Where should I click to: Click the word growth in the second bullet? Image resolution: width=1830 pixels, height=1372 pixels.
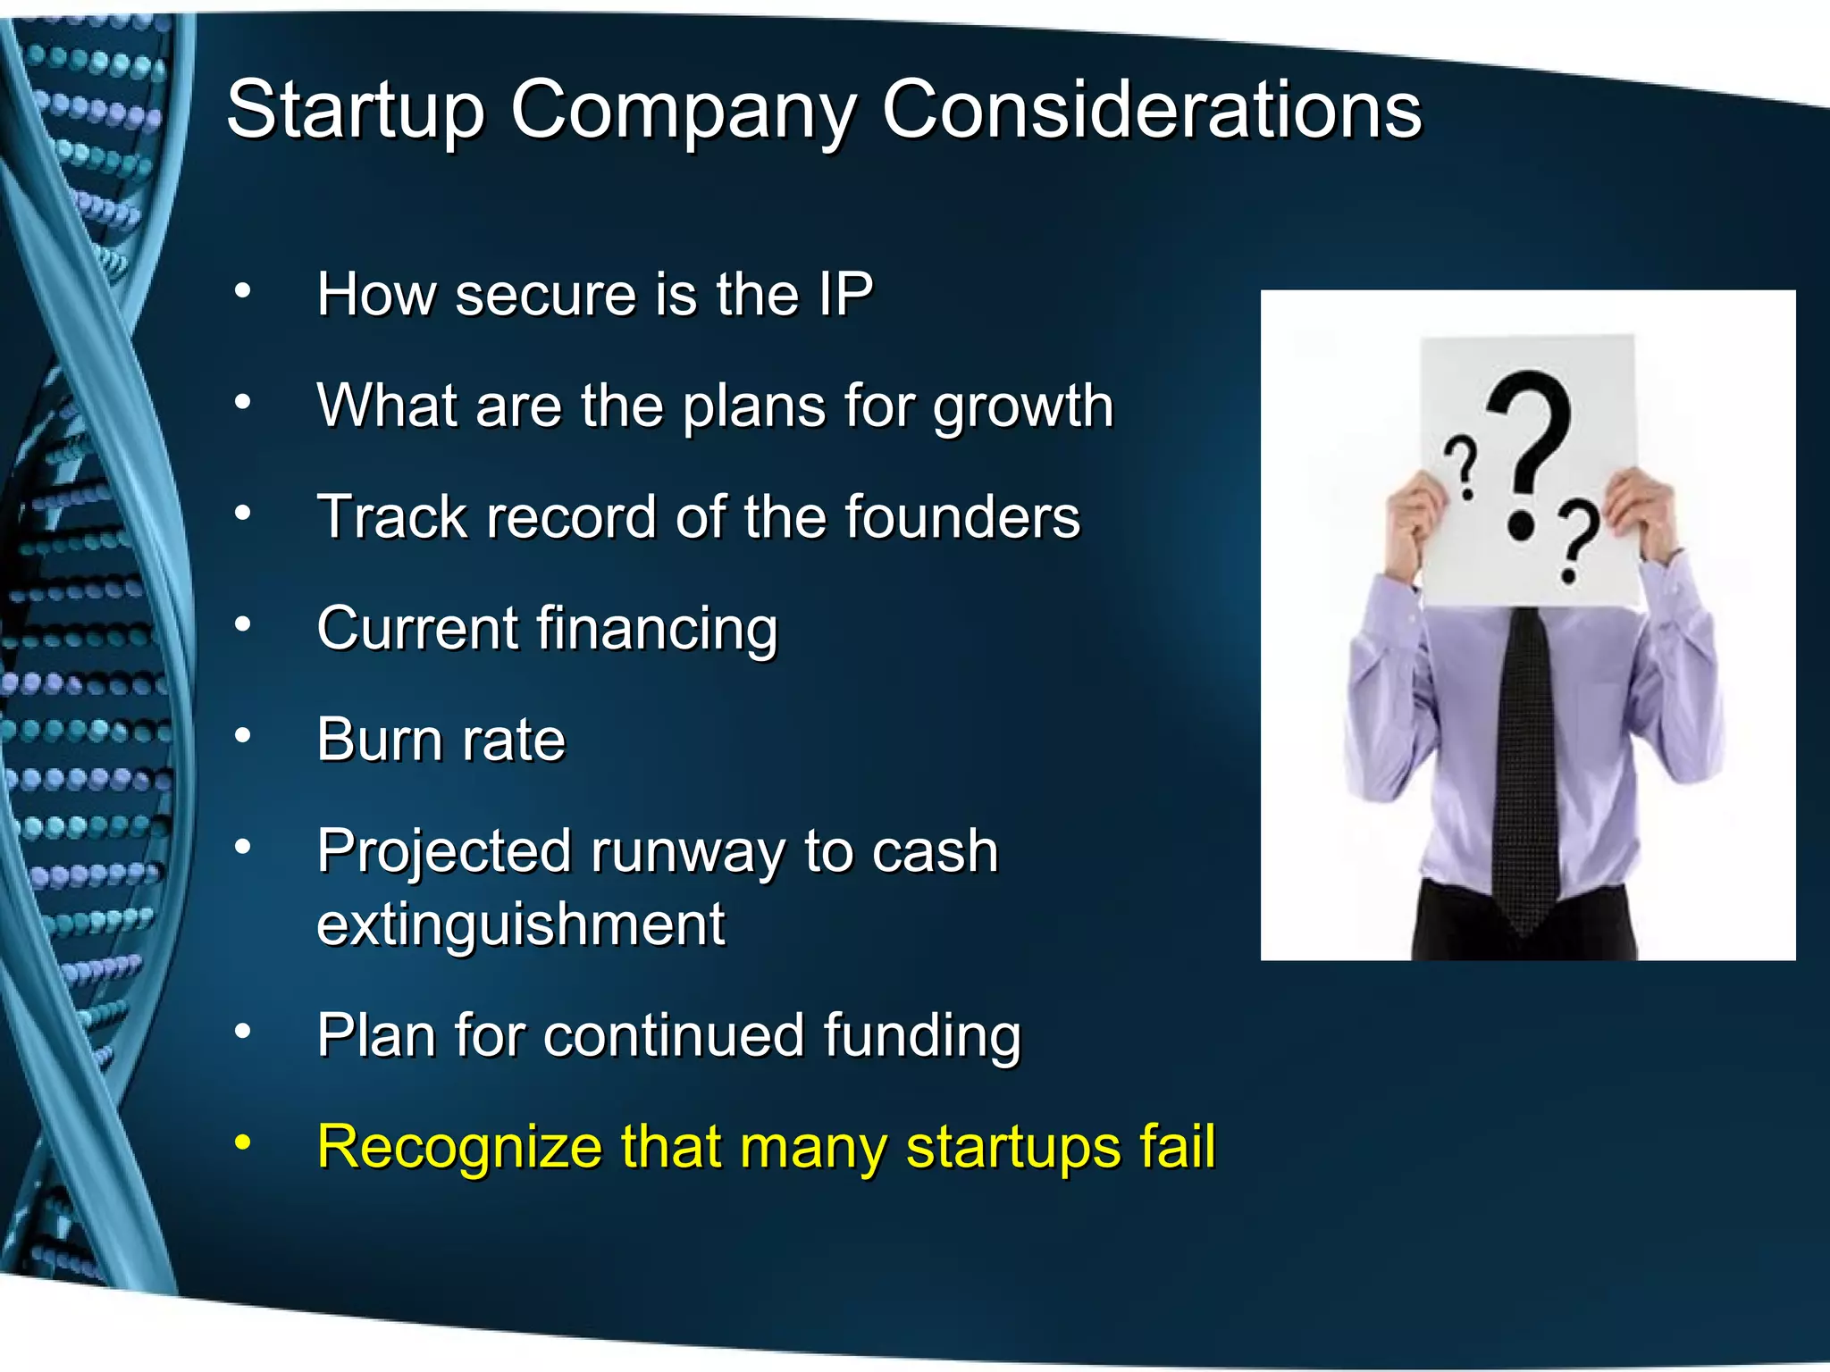[x=1023, y=407]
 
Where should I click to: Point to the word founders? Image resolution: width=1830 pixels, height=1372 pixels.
[x=962, y=517]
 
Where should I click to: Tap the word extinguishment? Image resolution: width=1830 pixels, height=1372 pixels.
[x=520, y=924]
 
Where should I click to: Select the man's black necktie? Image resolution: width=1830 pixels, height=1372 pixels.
[x=1525, y=768]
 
